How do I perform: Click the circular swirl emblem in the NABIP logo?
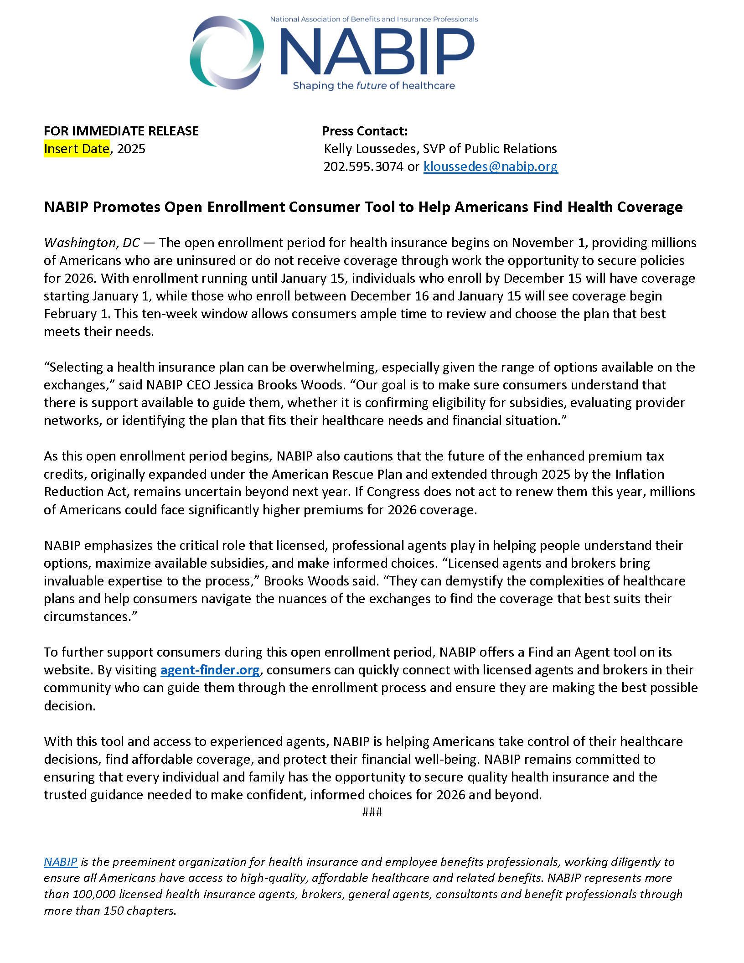pos(227,52)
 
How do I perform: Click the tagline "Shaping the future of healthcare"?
pos(374,86)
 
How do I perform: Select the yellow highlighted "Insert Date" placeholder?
pos(77,149)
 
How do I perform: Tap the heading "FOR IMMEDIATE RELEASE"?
pos(121,131)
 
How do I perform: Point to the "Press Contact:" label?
pos(365,131)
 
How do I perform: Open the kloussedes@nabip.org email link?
pos(491,167)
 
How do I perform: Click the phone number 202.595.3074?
pos(363,167)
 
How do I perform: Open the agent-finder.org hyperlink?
pos(210,670)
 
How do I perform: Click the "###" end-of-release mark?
pos(372,812)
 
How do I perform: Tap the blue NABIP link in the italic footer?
pos(60,862)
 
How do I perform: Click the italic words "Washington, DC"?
pos(92,243)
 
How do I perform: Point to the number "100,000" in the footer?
pos(94,894)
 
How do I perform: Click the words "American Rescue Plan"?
pos(337,475)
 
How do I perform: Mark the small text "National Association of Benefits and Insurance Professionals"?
pos(374,20)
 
